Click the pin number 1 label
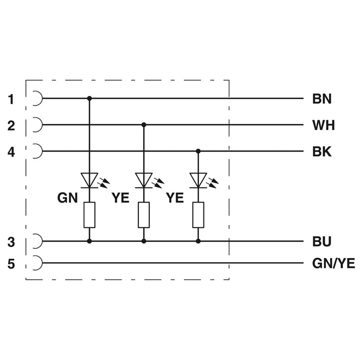(x=11, y=99)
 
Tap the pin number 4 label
(x=11, y=152)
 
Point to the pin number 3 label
(x=11, y=242)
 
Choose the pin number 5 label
(x=11, y=263)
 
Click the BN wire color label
(x=321, y=99)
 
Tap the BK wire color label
(x=321, y=152)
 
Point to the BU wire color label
(x=321, y=242)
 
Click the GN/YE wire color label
(x=333, y=263)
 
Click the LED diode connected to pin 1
(x=89, y=180)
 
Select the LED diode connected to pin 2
(x=144, y=180)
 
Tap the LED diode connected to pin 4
(x=198, y=180)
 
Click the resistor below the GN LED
(x=89, y=215)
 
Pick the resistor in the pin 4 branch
(x=198, y=215)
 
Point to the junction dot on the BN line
(x=89, y=98)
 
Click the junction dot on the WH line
(x=144, y=124)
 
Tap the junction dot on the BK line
(x=198, y=151)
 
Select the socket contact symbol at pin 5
(x=37, y=262)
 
